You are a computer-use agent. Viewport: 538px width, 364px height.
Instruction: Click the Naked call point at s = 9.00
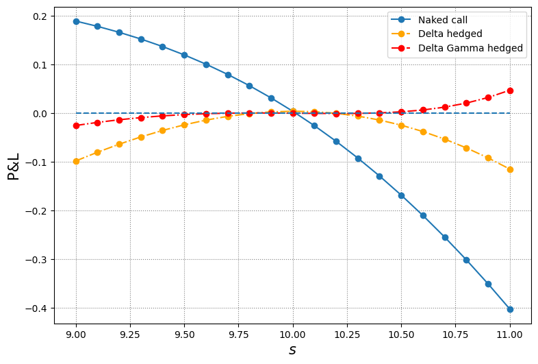(76, 21)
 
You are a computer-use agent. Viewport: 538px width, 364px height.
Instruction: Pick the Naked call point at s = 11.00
(510, 309)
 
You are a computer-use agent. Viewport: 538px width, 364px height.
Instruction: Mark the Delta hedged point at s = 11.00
(510, 169)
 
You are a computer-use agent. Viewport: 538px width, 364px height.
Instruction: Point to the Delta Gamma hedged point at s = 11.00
(510, 90)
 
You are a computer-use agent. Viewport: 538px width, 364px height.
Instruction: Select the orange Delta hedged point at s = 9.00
(76, 161)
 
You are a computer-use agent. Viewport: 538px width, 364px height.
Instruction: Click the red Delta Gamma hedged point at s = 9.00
(76, 125)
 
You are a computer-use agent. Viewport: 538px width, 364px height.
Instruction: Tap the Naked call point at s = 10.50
(401, 195)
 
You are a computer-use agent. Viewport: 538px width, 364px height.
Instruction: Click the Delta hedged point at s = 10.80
(466, 148)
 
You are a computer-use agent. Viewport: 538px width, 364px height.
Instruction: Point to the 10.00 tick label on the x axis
(293, 335)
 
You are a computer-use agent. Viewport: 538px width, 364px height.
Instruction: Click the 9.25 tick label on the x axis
(130, 335)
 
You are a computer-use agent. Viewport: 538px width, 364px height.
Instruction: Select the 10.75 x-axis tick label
(455, 335)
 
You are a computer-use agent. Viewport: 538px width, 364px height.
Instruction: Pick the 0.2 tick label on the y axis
(40, 16)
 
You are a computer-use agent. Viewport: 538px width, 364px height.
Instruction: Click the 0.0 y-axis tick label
(40, 114)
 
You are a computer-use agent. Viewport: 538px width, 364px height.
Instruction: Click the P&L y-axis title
(14, 165)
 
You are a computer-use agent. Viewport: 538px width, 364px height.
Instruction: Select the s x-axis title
(293, 350)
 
